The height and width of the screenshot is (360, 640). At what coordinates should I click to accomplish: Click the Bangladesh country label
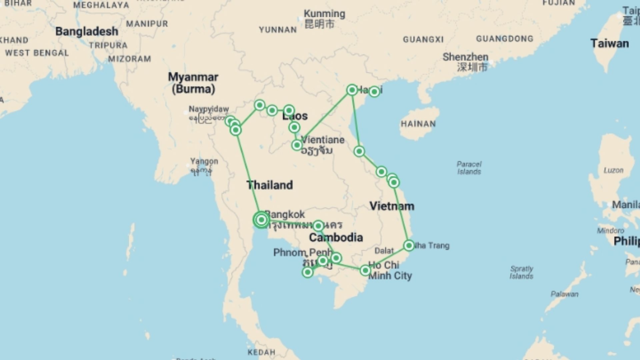[x=87, y=31]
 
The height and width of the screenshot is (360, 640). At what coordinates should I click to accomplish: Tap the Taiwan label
[x=609, y=44]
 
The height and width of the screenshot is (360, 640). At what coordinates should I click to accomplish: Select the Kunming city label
[x=324, y=14]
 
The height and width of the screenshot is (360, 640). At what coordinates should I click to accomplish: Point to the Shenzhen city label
[x=465, y=57]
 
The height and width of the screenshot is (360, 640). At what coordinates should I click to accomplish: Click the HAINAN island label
[x=418, y=124]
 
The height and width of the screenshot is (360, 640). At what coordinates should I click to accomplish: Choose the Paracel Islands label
[x=469, y=168]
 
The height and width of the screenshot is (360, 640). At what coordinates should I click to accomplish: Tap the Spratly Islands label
[x=521, y=272]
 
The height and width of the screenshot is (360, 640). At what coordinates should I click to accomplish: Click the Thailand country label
[x=270, y=185]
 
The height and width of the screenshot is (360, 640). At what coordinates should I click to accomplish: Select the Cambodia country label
[x=336, y=237]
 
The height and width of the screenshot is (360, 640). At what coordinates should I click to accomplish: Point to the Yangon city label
[x=204, y=161]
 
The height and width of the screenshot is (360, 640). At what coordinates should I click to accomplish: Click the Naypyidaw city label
[x=209, y=109]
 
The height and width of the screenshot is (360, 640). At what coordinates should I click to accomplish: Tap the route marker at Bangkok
[x=261, y=220]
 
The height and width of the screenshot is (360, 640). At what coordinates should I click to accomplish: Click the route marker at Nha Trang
[x=409, y=246]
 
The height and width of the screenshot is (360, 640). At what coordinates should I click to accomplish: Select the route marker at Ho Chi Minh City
[x=365, y=270]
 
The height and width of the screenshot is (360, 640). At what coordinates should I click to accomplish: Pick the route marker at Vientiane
[x=297, y=145]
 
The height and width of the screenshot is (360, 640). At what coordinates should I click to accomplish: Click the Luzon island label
[x=613, y=170]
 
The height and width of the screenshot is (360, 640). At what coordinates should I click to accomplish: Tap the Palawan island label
[x=564, y=294]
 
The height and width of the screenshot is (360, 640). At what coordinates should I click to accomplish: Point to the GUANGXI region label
[x=423, y=40]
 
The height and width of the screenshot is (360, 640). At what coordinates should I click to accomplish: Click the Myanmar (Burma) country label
[x=193, y=83]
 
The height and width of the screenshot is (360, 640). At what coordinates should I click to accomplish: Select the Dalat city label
[x=384, y=251]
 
